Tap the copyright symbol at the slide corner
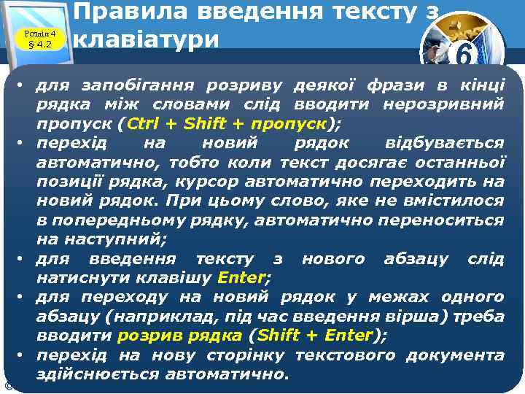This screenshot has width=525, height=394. click(x=7, y=385)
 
